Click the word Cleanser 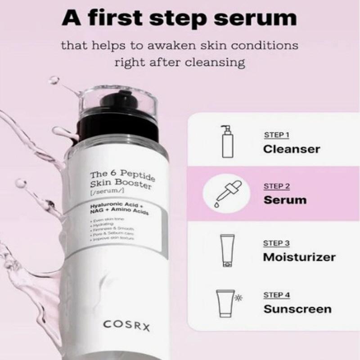tap(292, 149)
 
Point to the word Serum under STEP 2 tap(285, 200)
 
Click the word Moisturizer tap(299, 257)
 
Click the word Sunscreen tap(297, 309)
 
